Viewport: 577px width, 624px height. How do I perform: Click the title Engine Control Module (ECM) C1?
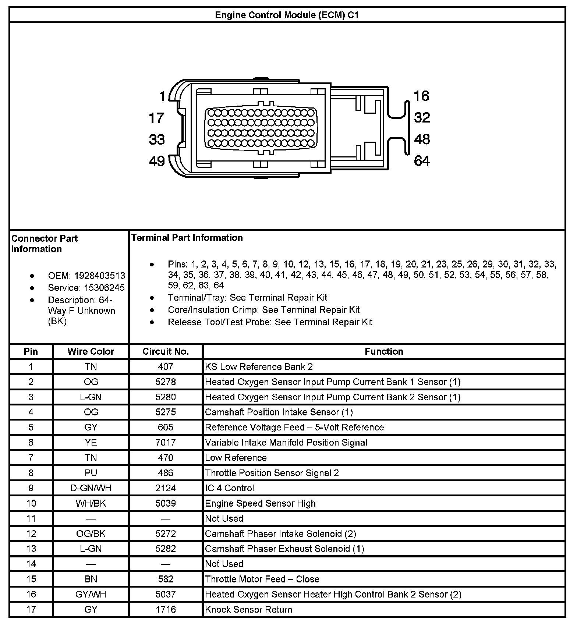tap(287, 15)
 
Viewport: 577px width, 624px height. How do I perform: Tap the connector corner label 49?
tap(157, 161)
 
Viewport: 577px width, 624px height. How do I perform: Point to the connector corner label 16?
tap(421, 96)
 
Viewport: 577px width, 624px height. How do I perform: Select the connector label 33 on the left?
tap(157, 139)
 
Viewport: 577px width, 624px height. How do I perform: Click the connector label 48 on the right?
tap(422, 139)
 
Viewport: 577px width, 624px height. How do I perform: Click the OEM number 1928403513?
tap(99, 276)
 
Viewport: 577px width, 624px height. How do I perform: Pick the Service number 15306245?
tap(104, 288)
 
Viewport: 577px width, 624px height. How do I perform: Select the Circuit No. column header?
tap(166, 351)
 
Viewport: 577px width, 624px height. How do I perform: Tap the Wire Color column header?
tap(91, 351)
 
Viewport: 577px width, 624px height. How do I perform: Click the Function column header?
tap(384, 351)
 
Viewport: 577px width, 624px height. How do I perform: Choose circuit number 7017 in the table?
tap(166, 442)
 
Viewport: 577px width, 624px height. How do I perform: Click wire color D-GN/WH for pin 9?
tap(91, 488)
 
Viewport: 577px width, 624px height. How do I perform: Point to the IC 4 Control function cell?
tap(230, 488)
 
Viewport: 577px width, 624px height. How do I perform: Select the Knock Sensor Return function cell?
tap(248, 609)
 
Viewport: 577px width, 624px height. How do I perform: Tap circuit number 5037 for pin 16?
tap(166, 594)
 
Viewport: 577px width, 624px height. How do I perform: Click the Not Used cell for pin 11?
tap(224, 518)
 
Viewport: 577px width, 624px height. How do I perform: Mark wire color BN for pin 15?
tap(91, 579)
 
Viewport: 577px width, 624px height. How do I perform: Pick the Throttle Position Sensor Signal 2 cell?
tap(272, 473)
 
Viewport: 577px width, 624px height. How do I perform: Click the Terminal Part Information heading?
tap(187, 238)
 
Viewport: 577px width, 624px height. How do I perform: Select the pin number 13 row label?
tap(31, 549)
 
